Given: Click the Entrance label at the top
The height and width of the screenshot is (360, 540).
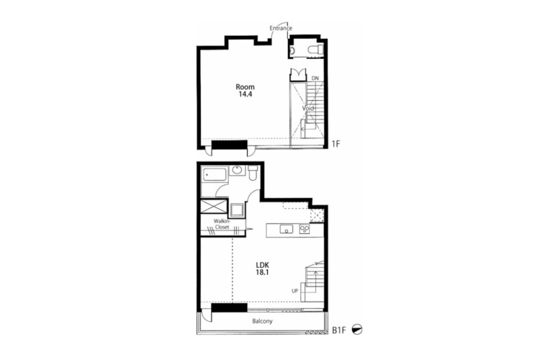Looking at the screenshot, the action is click(281, 28).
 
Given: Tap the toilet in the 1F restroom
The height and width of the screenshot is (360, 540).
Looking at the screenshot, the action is click(315, 49).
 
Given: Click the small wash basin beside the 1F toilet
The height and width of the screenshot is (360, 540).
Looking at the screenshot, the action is click(292, 50).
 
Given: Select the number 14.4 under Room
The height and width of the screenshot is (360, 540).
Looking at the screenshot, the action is click(246, 94).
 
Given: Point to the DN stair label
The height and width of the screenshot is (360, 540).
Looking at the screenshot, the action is click(315, 78).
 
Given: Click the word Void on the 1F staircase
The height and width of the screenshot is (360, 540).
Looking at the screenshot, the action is click(308, 108).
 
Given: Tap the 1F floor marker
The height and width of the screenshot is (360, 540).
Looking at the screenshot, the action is click(336, 143).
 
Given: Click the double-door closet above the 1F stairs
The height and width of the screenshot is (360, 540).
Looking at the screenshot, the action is click(298, 75).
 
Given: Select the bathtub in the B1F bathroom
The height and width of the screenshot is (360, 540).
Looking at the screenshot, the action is click(215, 175).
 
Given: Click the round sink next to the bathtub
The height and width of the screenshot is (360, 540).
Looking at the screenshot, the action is click(237, 169).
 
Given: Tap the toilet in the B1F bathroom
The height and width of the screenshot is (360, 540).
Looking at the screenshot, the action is click(253, 173).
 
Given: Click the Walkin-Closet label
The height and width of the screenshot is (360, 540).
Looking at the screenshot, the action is click(222, 224).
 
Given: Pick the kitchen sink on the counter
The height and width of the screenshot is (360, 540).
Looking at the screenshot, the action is click(286, 229).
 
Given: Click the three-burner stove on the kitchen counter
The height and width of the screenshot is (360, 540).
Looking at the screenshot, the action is click(305, 229).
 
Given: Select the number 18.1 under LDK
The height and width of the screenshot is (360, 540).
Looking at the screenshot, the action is click(262, 272).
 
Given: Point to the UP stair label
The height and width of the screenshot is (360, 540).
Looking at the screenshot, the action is click(294, 291).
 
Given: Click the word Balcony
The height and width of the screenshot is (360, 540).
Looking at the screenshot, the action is click(262, 321).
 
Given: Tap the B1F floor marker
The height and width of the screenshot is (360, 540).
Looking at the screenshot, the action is click(338, 330).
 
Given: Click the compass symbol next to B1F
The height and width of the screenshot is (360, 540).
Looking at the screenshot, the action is click(357, 330).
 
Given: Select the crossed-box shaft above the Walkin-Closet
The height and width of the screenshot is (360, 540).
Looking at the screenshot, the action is click(214, 207).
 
